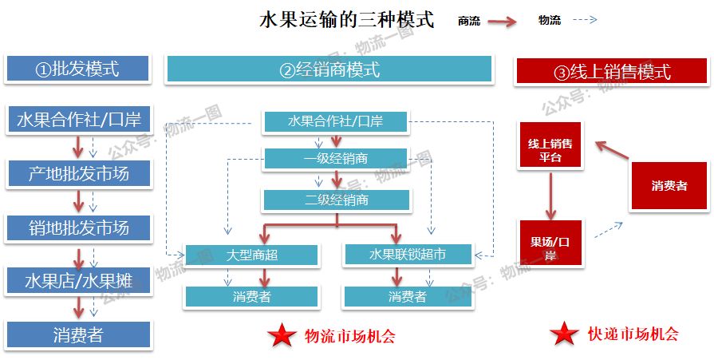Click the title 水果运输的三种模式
(x=347, y=20)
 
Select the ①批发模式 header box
(x=77, y=69)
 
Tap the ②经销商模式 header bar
(x=329, y=70)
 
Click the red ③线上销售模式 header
(x=612, y=72)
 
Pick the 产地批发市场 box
(x=78, y=173)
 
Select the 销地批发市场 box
(x=78, y=228)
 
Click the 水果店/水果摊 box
(x=78, y=281)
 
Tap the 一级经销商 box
(x=336, y=158)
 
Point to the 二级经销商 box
(x=336, y=200)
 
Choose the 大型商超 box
(x=251, y=255)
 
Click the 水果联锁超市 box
(x=408, y=255)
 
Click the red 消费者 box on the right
(x=669, y=186)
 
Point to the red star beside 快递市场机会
(x=564, y=334)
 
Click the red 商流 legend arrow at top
(x=503, y=22)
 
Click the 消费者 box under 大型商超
(x=251, y=297)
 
